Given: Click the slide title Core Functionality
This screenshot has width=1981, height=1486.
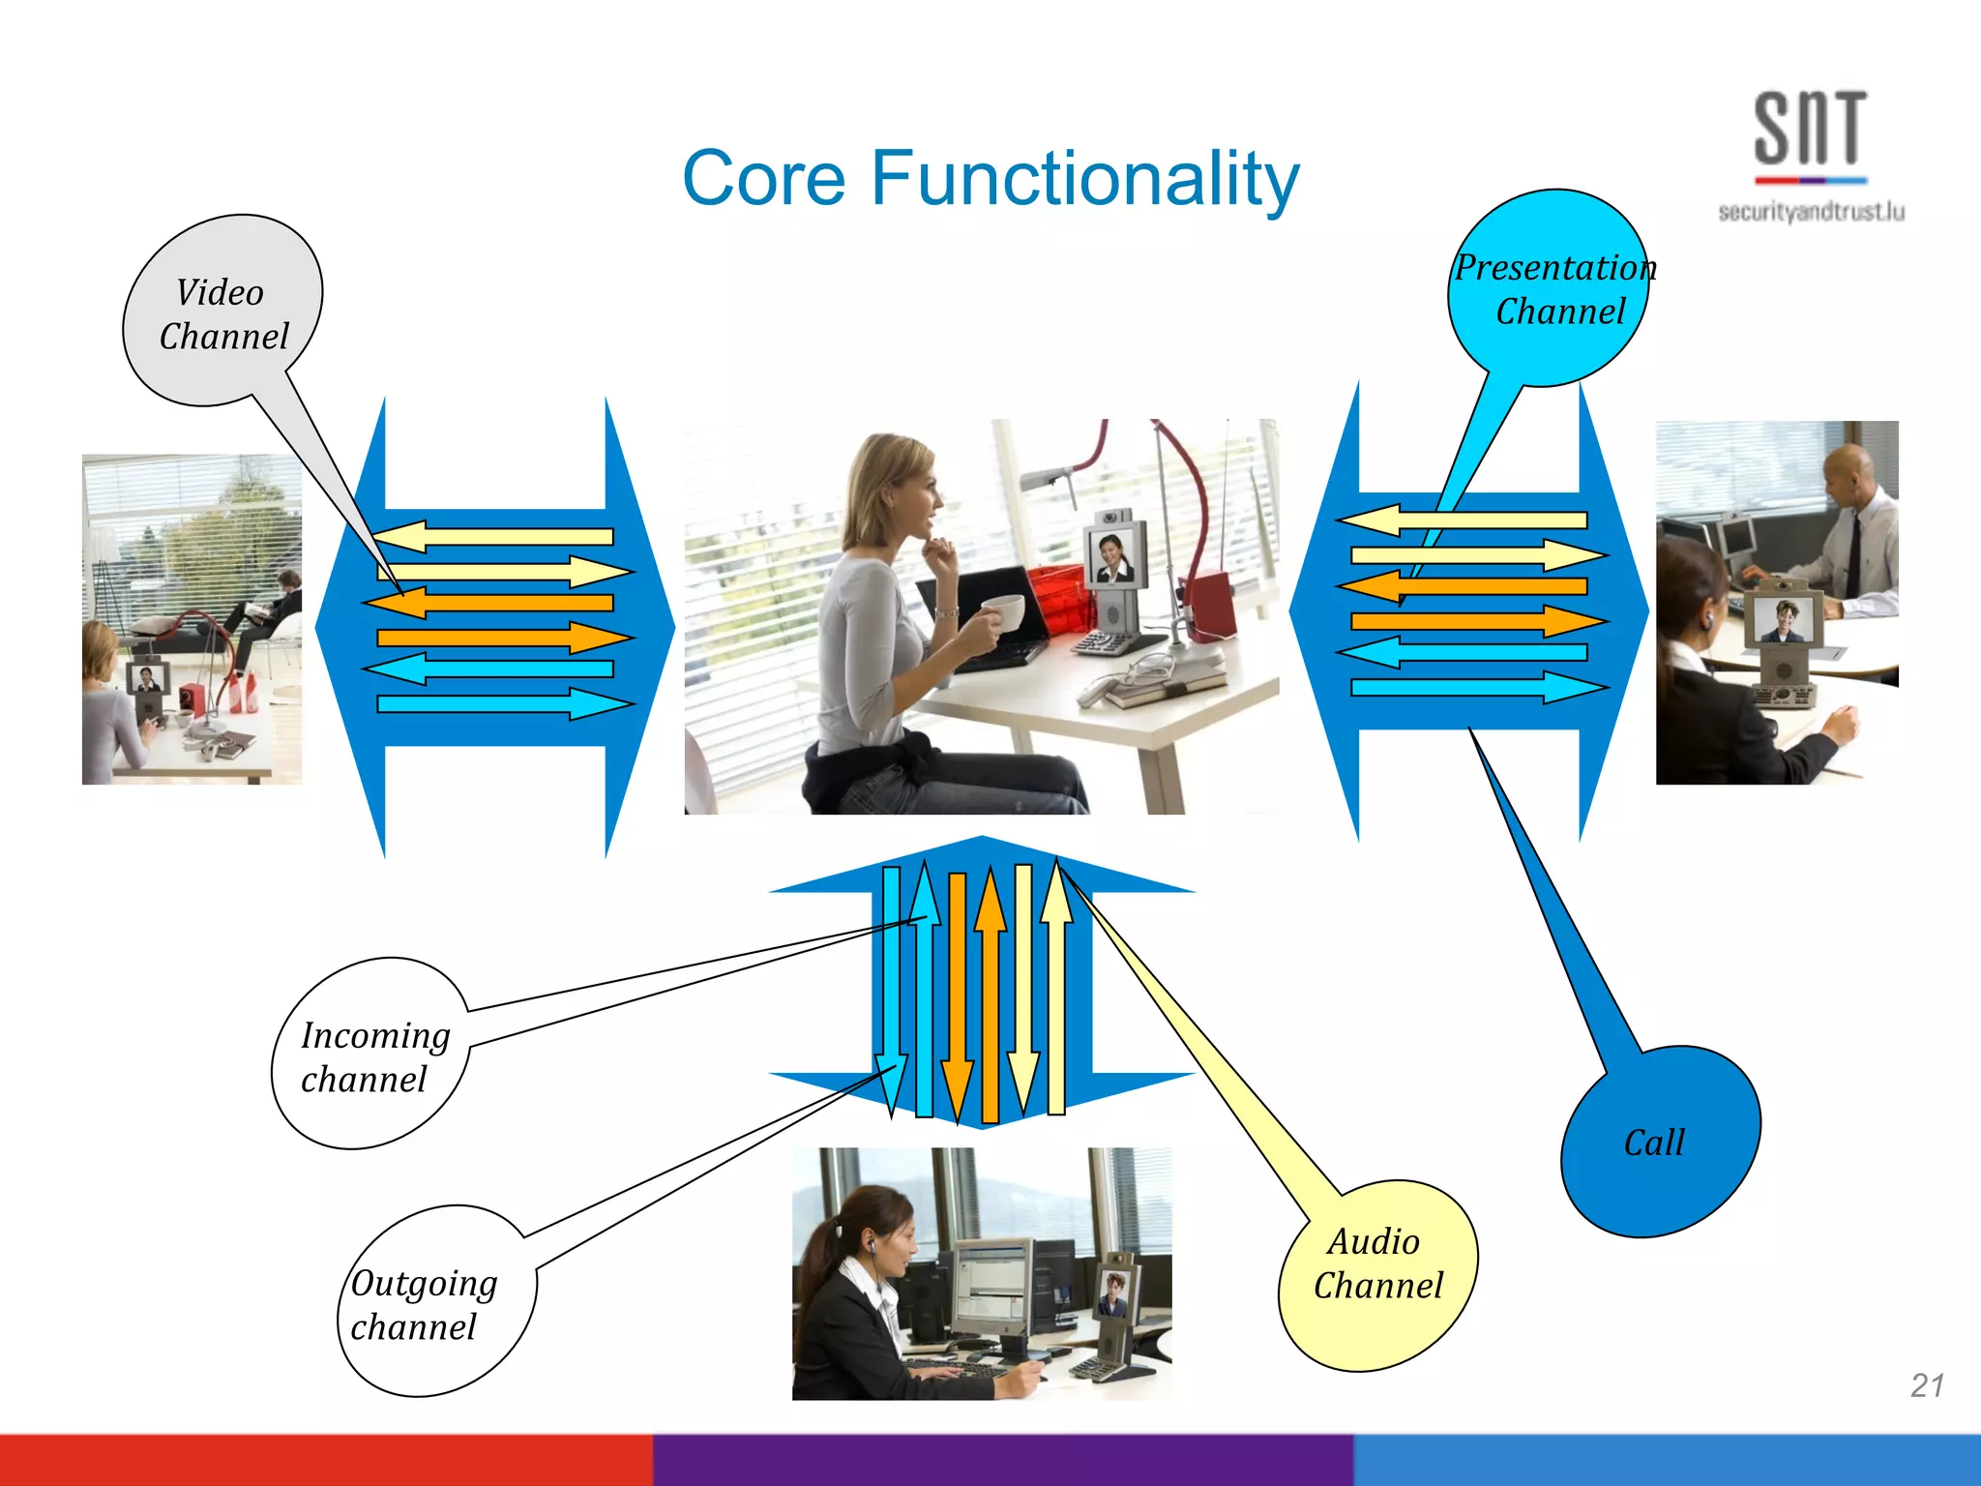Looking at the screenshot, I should (990, 179).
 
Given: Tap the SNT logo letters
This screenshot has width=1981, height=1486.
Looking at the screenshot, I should (1810, 129).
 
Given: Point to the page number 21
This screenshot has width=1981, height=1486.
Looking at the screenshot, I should (1926, 1385).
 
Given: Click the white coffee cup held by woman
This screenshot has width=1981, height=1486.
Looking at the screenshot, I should (1004, 611).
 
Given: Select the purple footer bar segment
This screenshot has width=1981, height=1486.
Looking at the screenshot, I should (1002, 1460).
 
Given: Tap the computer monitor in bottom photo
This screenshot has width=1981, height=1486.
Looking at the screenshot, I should (992, 1282).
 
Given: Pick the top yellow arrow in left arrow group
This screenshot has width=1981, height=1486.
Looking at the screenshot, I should (493, 537).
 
